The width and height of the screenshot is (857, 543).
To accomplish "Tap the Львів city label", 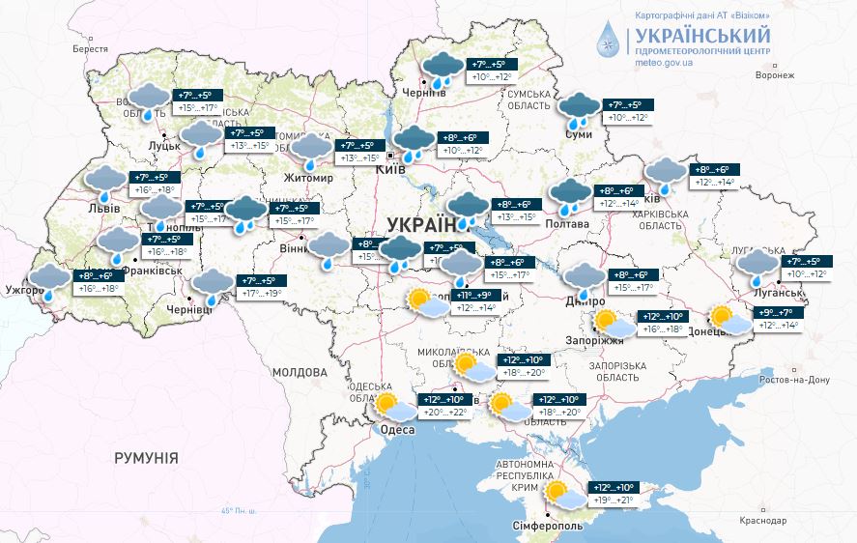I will point(104,208).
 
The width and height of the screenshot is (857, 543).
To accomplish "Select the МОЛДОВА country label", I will point(300,372).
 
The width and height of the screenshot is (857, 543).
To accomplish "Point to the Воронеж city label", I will point(774,74).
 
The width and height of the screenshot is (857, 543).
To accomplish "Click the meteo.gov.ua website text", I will point(664,62).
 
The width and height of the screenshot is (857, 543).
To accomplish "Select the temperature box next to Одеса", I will point(444,407).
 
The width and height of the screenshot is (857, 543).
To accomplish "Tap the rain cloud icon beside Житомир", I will point(312,151).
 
